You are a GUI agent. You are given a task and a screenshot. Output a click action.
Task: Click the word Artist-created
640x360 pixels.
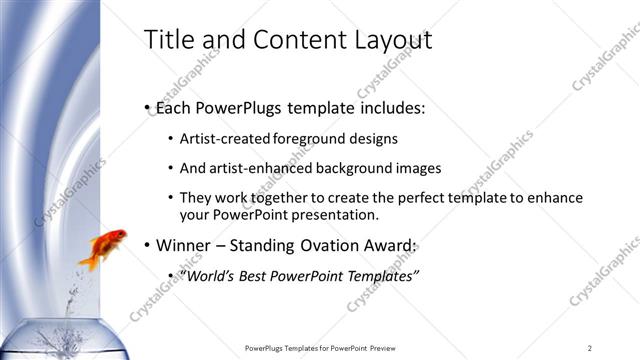224,139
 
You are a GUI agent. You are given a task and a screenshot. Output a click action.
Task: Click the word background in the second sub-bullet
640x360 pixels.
360,168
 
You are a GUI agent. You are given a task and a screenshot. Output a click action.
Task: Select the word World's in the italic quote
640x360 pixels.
206,275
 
